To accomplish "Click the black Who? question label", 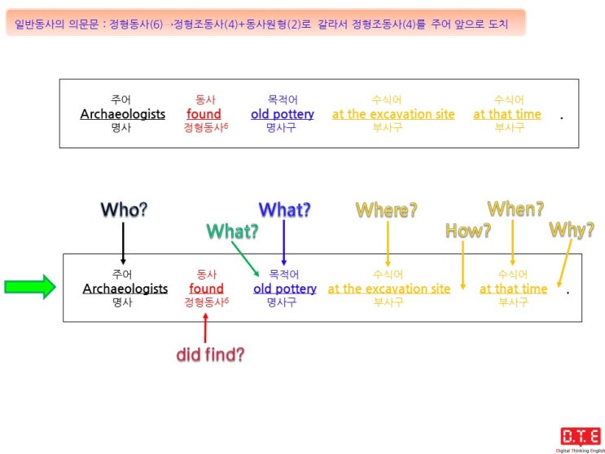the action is tap(124, 209).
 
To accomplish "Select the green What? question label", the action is tap(232, 231).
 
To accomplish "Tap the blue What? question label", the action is tap(285, 209).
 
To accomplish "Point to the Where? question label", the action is tap(387, 209).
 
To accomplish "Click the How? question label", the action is tap(468, 231).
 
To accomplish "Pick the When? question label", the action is tap(516, 209).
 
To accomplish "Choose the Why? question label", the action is tap(572, 231).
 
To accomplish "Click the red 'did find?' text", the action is tap(210, 355).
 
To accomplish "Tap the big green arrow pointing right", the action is tap(30, 287).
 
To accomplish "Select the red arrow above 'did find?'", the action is tap(205, 328).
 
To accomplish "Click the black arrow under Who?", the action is tap(123, 244).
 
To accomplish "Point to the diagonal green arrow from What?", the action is tap(245, 259).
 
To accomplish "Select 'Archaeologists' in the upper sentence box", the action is tap(123, 114).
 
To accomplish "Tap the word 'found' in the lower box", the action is tap(207, 289).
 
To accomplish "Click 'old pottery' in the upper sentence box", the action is tap(283, 114).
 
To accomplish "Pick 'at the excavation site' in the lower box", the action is tap(389, 289).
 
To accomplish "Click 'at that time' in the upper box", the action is tap(507, 114).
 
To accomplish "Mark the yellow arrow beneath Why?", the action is tap(565, 263).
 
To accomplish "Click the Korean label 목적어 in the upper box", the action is tap(283, 100).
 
